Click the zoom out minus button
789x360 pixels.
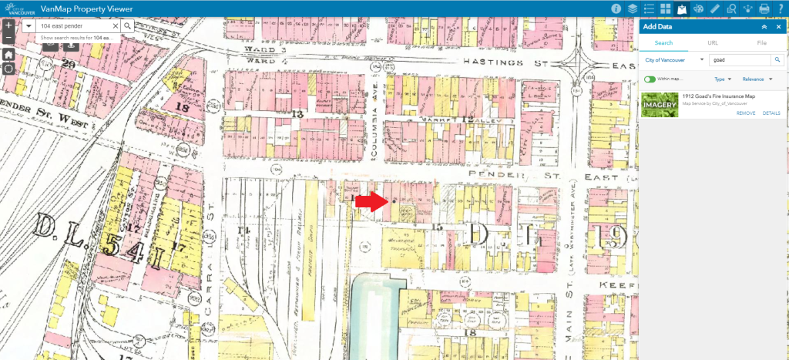pos(8,38)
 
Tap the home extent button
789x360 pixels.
pos(8,55)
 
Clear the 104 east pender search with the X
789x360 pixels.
pos(116,25)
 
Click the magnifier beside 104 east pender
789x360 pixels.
pos(128,25)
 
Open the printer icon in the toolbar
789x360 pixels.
pos(764,8)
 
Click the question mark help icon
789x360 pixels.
pos(781,8)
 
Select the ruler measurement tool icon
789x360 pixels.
pos(715,8)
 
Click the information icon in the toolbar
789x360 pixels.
pos(616,8)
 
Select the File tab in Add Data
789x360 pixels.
pos(761,42)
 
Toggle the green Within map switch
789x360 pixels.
pos(650,79)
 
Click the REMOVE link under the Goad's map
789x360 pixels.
pos(745,113)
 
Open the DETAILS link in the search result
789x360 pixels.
pos(771,113)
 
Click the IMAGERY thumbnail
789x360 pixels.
pos(658,104)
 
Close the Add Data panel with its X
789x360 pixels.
pos(778,26)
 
